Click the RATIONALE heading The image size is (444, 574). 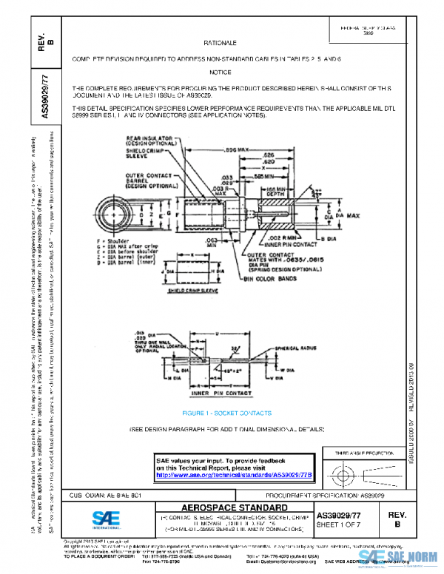click(221, 44)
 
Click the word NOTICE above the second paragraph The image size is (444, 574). click(221, 72)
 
